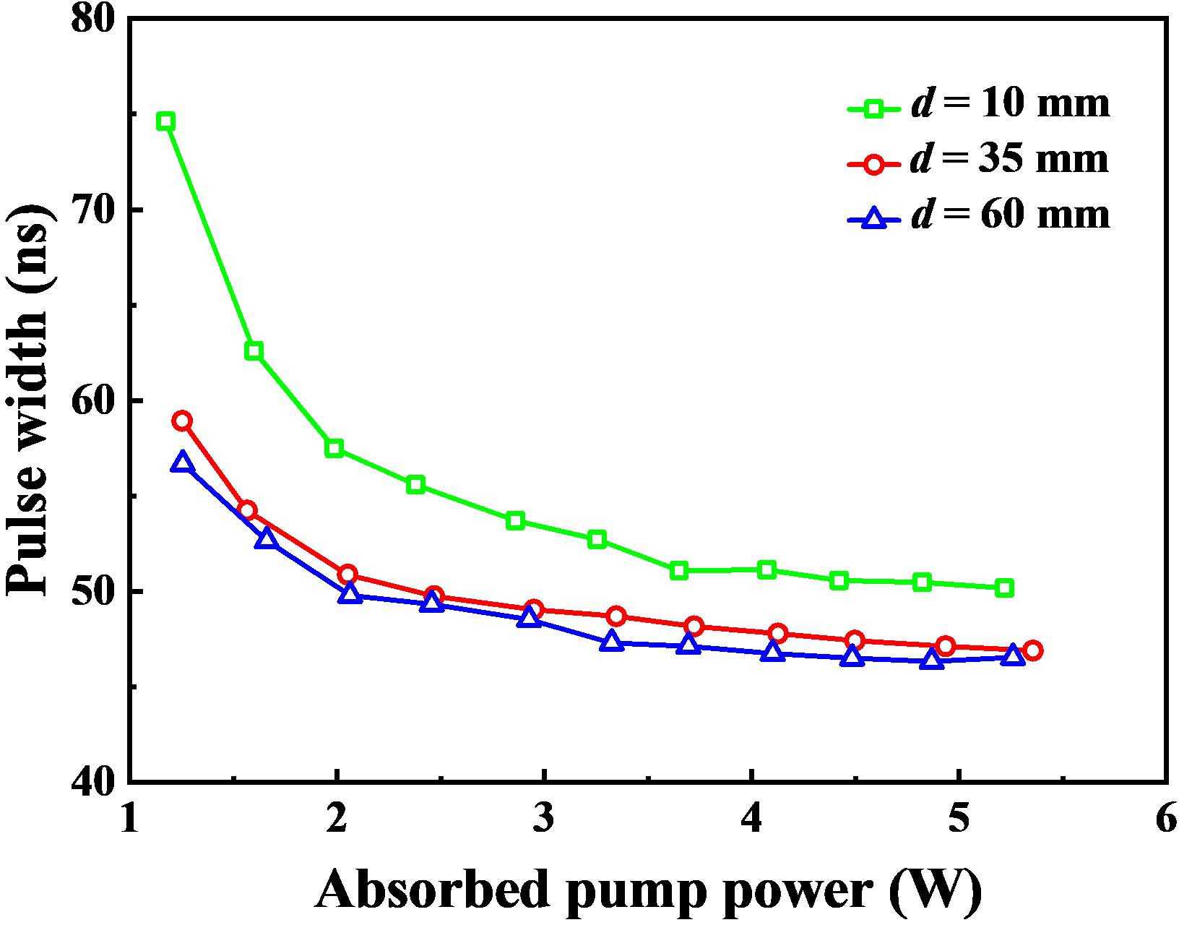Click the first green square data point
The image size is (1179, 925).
coord(166,121)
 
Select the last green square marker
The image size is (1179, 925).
coord(1004,588)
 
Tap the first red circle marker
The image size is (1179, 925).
coord(182,421)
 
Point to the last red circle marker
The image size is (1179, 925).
coord(1032,650)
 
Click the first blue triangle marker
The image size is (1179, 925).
coord(182,462)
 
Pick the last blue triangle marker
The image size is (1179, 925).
coord(1013,655)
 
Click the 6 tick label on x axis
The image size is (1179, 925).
coord(1165,821)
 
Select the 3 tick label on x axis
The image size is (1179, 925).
coord(543,821)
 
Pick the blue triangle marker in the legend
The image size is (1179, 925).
coord(874,218)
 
